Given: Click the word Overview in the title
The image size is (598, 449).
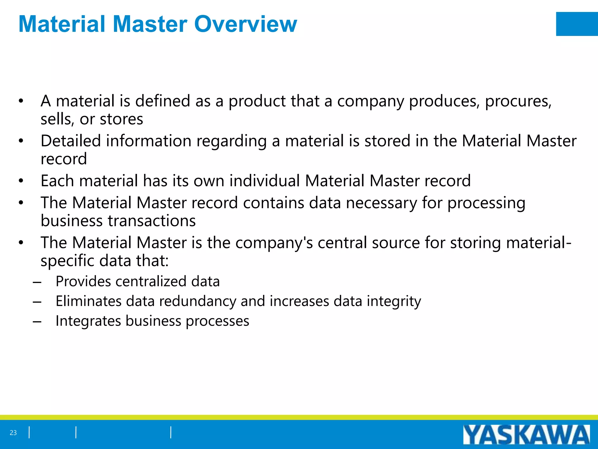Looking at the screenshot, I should tap(246, 24).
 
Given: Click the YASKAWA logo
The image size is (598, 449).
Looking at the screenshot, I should tap(526, 435).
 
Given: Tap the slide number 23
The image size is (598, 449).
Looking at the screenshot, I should tap(13, 433).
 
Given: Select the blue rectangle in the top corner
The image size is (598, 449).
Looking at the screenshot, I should tap(577, 24).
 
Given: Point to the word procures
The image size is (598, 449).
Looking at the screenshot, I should tap(518, 101).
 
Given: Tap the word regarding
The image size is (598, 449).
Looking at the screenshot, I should tap(232, 141).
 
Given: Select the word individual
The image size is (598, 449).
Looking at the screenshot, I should tap(265, 181).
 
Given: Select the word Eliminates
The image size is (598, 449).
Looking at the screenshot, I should tap(88, 301).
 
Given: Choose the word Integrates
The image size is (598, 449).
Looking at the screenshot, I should tap(88, 321).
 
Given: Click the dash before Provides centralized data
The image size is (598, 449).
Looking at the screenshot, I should tap(37, 282).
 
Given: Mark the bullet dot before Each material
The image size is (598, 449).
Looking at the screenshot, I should tap(21, 181).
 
